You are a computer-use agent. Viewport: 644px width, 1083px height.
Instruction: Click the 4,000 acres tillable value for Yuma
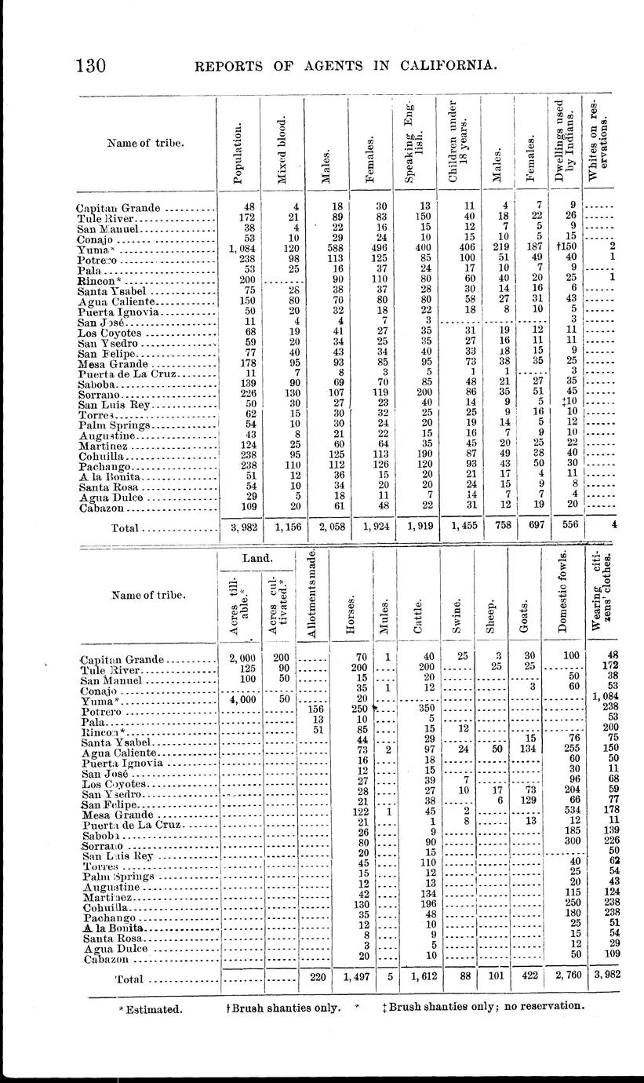pos(238,698)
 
